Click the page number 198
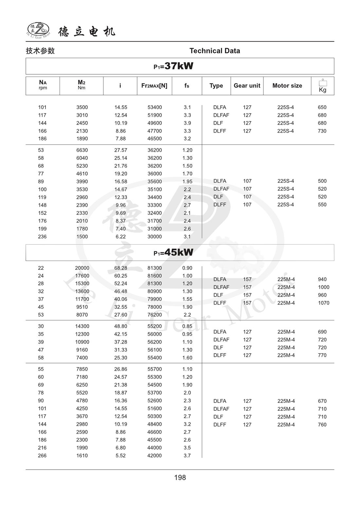pyautogui.click(x=180, y=478)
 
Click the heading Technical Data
pyautogui.click(x=215, y=51)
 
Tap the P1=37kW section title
pyautogui.click(x=173, y=66)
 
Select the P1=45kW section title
pyautogui.click(x=173, y=252)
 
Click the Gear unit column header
pyautogui.click(x=247, y=86)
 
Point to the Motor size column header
pyautogui.click(x=287, y=86)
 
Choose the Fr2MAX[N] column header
pyautogui.click(x=154, y=86)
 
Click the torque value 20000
pyautogui.click(x=82, y=268)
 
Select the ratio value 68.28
pyautogui.click(x=120, y=268)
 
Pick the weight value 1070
pyautogui.click(x=323, y=303)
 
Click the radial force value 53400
pyautogui.click(x=154, y=107)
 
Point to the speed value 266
pyautogui.click(x=42, y=456)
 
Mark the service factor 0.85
pyautogui.click(x=187, y=326)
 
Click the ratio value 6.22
pyautogui.click(x=120, y=237)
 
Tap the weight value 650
pyautogui.click(x=322, y=107)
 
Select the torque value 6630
pyautogui.click(x=82, y=150)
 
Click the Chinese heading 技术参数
pyautogui.click(x=40, y=51)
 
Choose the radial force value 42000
pyautogui.click(x=154, y=456)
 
